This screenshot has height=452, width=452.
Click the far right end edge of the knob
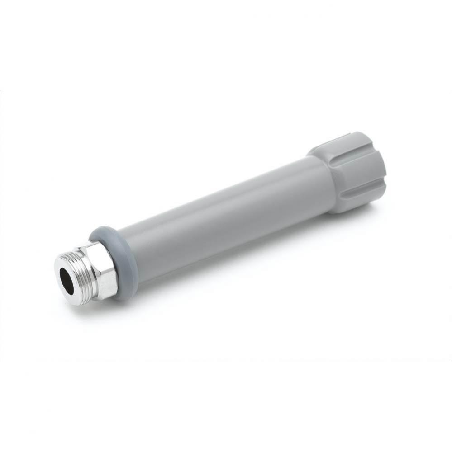click(384, 165)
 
